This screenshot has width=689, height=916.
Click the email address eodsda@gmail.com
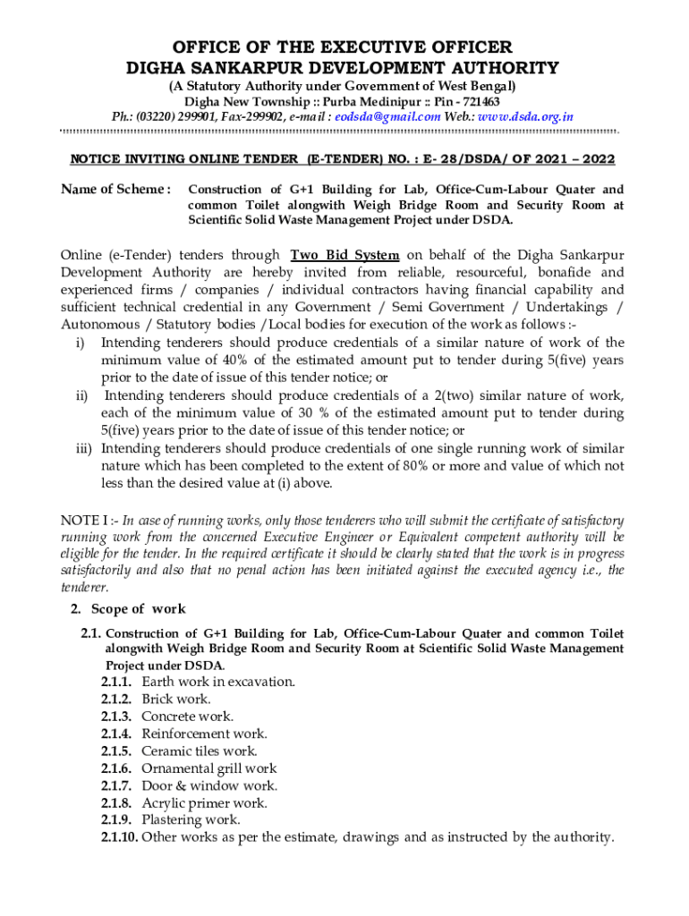[x=388, y=116]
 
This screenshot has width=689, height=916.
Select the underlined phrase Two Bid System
[x=345, y=255]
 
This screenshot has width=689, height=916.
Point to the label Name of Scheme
[x=115, y=190]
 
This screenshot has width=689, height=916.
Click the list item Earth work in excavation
[x=218, y=682]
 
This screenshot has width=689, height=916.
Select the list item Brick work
[x=176, y=699]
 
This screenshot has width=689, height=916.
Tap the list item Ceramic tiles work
[x=200, y=751]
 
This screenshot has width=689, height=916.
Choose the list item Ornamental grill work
[x=209, y=768]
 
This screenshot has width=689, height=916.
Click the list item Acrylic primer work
[x=204, y=803]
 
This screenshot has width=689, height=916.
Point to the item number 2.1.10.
[x=119, y=838]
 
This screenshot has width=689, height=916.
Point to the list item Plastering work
[x=191, y=820]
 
